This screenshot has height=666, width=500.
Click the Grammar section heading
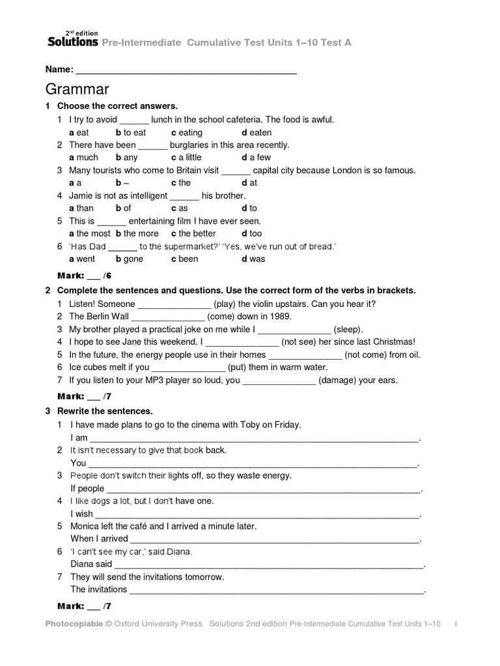(77, 89)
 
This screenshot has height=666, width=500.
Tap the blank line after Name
(186, 70)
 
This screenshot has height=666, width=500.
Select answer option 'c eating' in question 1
(187, 132)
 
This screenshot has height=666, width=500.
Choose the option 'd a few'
(256, 157)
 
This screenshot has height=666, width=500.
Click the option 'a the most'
(90, 233)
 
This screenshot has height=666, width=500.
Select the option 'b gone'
(129, 259)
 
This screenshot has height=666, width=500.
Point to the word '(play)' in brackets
(225, 304)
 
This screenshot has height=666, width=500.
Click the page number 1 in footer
(456, 624)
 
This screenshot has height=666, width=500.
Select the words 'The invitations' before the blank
(98, 590)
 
